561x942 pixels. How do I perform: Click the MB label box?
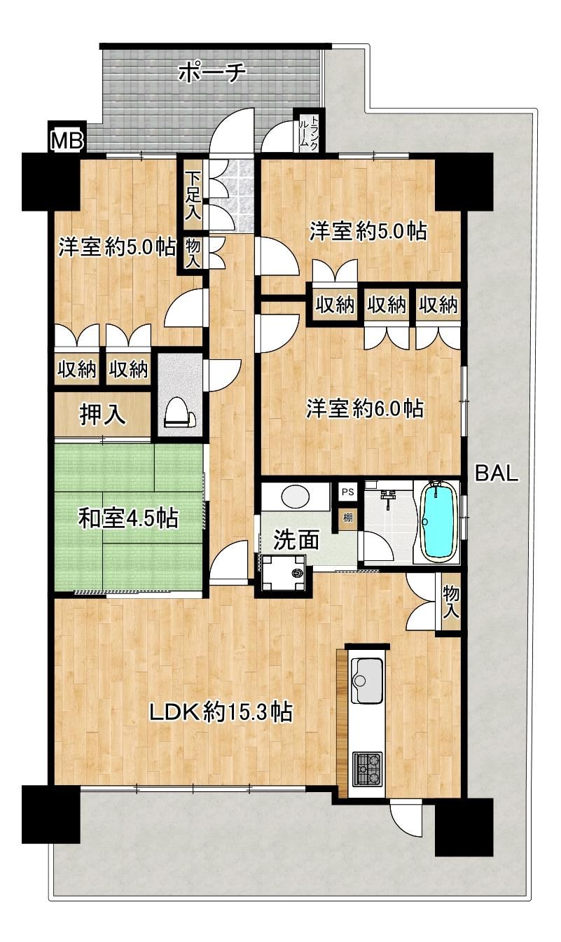tap(67, 141)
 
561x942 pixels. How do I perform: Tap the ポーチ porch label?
tap(212, 74)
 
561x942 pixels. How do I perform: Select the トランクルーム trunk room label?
tap(308, 130)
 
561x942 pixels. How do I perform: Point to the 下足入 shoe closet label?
tap(193, 195)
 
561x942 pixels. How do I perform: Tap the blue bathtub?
tap(439, 522)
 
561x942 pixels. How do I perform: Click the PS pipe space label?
tap(347, 492)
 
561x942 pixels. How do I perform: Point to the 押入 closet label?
tap(103, 415)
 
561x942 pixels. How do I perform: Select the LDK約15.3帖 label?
tap(221, 712)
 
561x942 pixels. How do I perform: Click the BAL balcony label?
tap(497, 473)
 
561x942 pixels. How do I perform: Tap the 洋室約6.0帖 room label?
tap(365, 408)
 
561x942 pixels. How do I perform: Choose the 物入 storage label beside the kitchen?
tap(450, 603)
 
